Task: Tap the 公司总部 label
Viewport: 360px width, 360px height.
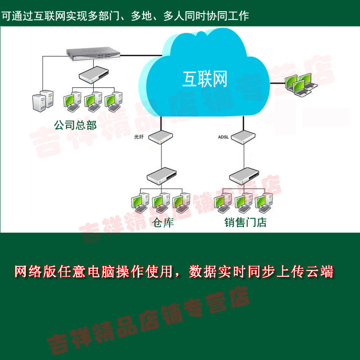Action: tap(75, 125)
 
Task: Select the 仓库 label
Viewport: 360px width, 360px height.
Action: tap(163, 222)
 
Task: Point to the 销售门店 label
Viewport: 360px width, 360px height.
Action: tap(245, 222)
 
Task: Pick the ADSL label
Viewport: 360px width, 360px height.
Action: tap(224, 137)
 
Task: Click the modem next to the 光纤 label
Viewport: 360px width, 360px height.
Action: tap(162, 136)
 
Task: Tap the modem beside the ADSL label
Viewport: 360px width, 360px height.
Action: tap(244, 136)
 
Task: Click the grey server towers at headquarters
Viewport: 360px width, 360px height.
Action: tap(43, 99)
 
